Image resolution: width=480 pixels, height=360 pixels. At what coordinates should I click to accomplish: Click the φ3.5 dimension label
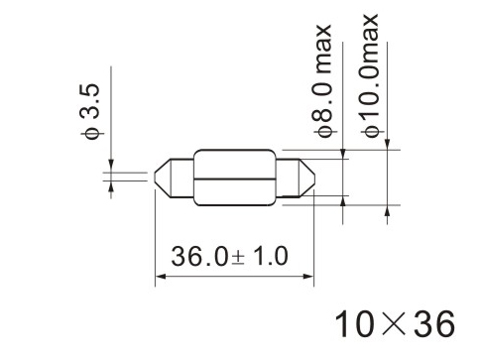point(89,113)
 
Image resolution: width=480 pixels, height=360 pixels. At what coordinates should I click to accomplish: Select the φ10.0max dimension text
point(369,75)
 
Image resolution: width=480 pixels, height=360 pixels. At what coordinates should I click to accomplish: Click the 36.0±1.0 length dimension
point(229,256)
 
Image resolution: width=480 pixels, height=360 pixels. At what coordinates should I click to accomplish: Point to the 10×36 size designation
point(395,324)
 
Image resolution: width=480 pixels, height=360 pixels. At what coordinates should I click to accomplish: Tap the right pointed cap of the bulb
point(306,179)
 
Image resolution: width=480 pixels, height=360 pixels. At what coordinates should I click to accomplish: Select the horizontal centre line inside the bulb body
point(234,179)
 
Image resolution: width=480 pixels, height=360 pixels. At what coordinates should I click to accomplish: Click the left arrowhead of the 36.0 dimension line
point(161,276)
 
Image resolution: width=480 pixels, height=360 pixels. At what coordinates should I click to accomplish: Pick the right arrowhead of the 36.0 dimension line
point(308,276)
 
